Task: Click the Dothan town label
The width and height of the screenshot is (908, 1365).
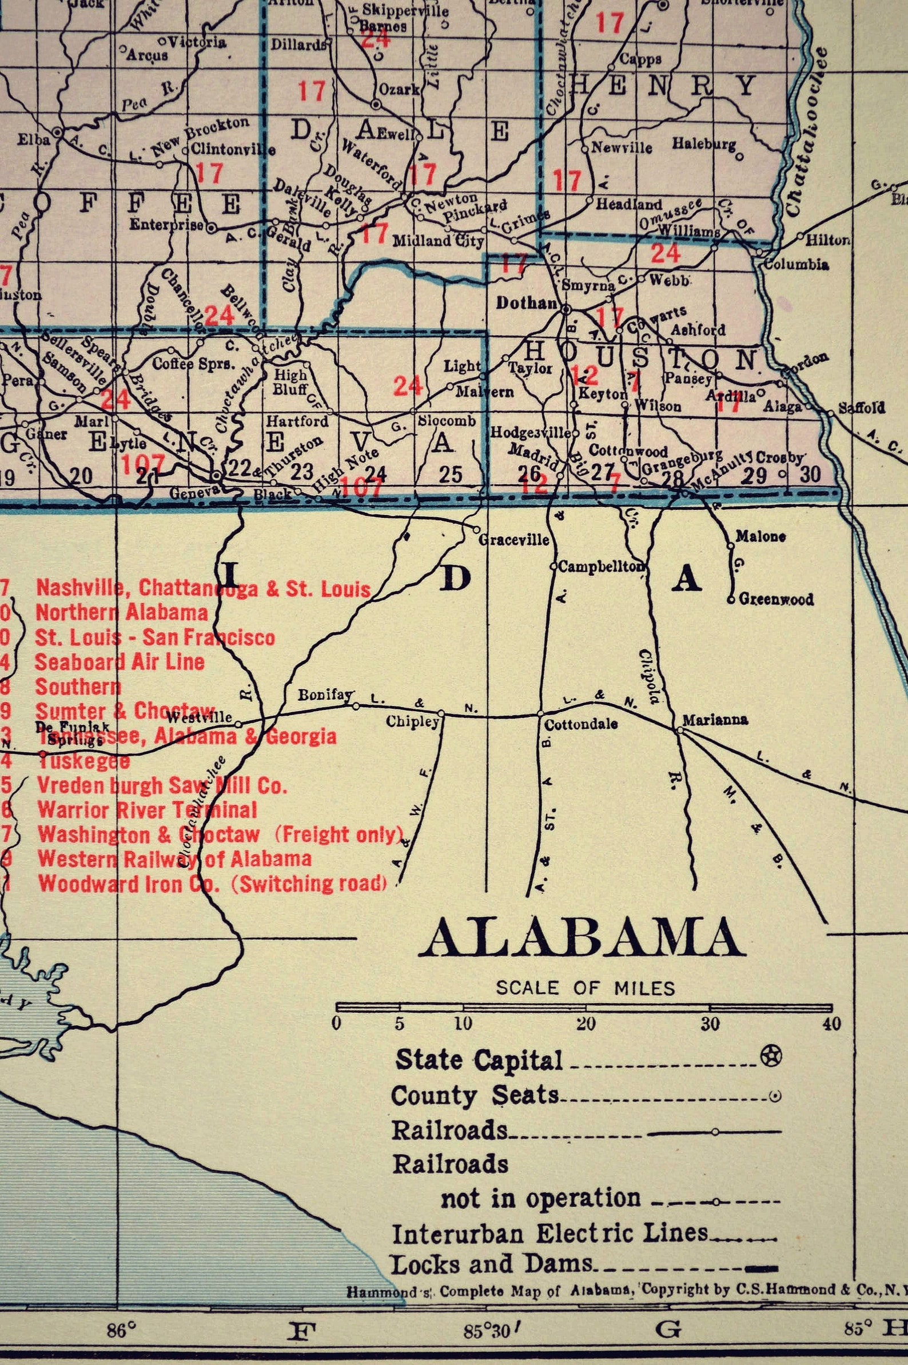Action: click(526, 303)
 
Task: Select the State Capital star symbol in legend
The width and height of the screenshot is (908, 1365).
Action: click(771, 1055)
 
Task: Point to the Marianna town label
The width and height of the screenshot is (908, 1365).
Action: click(715, 720)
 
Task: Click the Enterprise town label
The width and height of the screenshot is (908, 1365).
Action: click(166, 225)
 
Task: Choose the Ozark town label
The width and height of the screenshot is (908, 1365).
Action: click(399, 90)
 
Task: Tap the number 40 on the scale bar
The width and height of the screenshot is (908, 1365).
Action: click(831, 1024)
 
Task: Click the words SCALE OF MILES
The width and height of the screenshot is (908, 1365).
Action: click(585, 988)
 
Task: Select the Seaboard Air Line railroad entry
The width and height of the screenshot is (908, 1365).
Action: click(120, 662)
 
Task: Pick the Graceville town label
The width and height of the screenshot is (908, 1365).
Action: click(513, 540)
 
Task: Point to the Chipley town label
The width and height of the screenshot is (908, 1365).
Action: click(412, 723)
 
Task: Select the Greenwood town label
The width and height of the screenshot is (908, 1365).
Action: click(776, 600)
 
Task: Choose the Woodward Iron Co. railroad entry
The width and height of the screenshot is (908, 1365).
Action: click(212, 883)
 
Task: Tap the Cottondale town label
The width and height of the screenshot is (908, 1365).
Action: click(580, 724)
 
